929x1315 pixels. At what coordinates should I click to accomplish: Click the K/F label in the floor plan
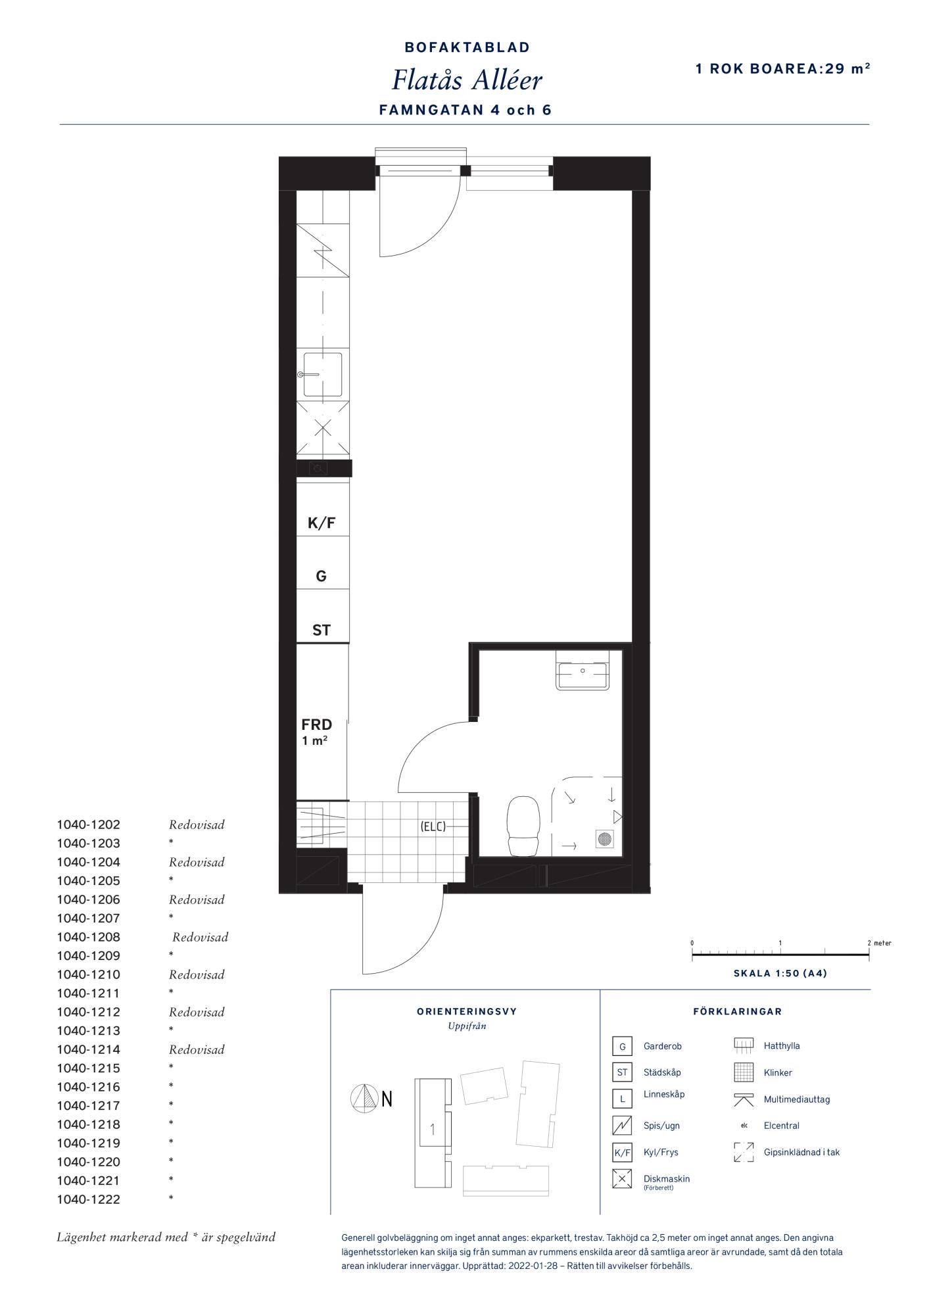pos(322,523)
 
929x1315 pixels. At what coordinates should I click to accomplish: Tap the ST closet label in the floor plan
pos(322,631)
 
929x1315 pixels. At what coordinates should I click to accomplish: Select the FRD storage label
pos(317,725)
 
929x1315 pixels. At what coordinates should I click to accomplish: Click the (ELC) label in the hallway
pos(433,826)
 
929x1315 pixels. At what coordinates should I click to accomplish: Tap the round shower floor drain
pos(605,838)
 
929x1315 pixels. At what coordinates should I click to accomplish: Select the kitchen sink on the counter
pos(322,374)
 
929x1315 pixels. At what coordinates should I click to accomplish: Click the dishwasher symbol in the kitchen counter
pos(323,429)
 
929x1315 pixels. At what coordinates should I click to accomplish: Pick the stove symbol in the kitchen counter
pos(323,250)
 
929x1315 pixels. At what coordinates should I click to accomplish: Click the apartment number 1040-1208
pos(89,937)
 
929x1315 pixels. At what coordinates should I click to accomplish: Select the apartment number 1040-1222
pos(89,1199)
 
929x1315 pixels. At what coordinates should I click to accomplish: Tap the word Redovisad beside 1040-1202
pos(197,825)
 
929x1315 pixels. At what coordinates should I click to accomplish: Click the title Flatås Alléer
pos(467,80)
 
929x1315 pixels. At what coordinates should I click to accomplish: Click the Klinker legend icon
pos(744,1072)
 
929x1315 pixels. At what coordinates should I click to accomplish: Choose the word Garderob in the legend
pos(663,1046)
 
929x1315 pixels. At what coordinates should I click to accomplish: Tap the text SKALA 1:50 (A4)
pos(780,973)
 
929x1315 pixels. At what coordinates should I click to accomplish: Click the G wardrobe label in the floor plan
pos(322,577)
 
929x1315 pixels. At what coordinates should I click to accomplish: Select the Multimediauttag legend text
pos(797,1099)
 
